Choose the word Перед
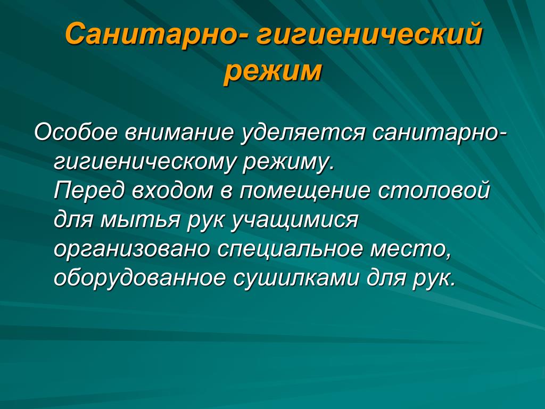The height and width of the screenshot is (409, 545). click(89, 191)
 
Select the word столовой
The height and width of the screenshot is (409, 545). click(433, 191)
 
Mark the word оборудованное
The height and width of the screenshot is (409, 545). click(139, 278)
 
